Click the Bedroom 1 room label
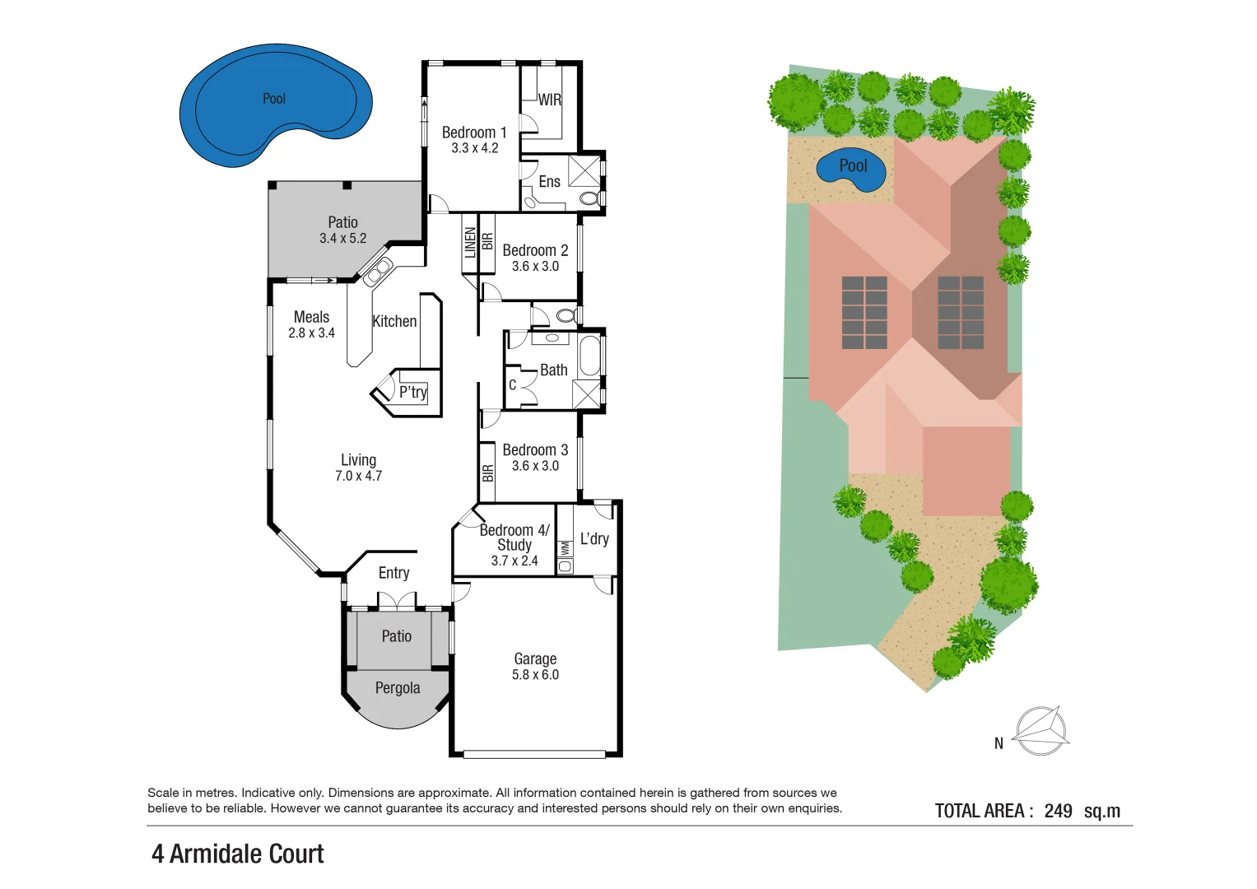474,133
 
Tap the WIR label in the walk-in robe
550,100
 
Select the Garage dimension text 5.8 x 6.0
535,675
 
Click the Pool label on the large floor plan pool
274,99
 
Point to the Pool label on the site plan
853,165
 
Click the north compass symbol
1041,730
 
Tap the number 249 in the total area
1058,811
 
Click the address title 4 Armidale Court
238,854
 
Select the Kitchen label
394,322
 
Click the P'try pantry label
412,393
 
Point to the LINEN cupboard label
470,243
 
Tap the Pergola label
398,688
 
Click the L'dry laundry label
594,539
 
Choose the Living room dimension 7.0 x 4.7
358,476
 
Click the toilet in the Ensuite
589,198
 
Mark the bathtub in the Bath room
589,356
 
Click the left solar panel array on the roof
864,312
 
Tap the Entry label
393,573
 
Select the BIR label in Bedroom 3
487,473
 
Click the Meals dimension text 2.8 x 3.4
311,333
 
